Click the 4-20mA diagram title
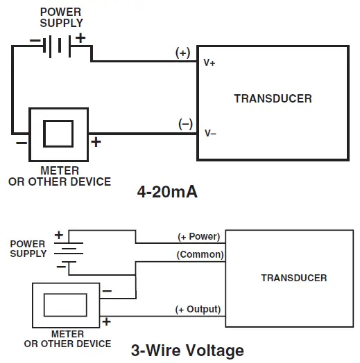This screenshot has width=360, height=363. click(167, 192)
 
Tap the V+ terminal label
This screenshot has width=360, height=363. click(209, 62)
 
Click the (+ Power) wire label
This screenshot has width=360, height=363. click(198, 236)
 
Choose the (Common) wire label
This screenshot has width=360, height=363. click(200, 254)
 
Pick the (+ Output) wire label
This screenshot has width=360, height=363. click(198, 309)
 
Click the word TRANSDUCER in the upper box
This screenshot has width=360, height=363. click(273, 98)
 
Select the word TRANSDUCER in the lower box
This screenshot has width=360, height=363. click(293, 278)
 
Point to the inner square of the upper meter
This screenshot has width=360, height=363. click(58, 132)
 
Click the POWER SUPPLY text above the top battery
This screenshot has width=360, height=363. click(61, 17)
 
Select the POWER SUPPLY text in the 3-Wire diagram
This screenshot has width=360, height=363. click(28, 249)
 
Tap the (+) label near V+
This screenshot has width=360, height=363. click(183, 53)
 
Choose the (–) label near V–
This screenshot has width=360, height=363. click(185, 124)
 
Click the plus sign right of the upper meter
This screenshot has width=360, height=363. click(96, 142)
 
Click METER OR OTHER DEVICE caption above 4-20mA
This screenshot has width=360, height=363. click(59, 176)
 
